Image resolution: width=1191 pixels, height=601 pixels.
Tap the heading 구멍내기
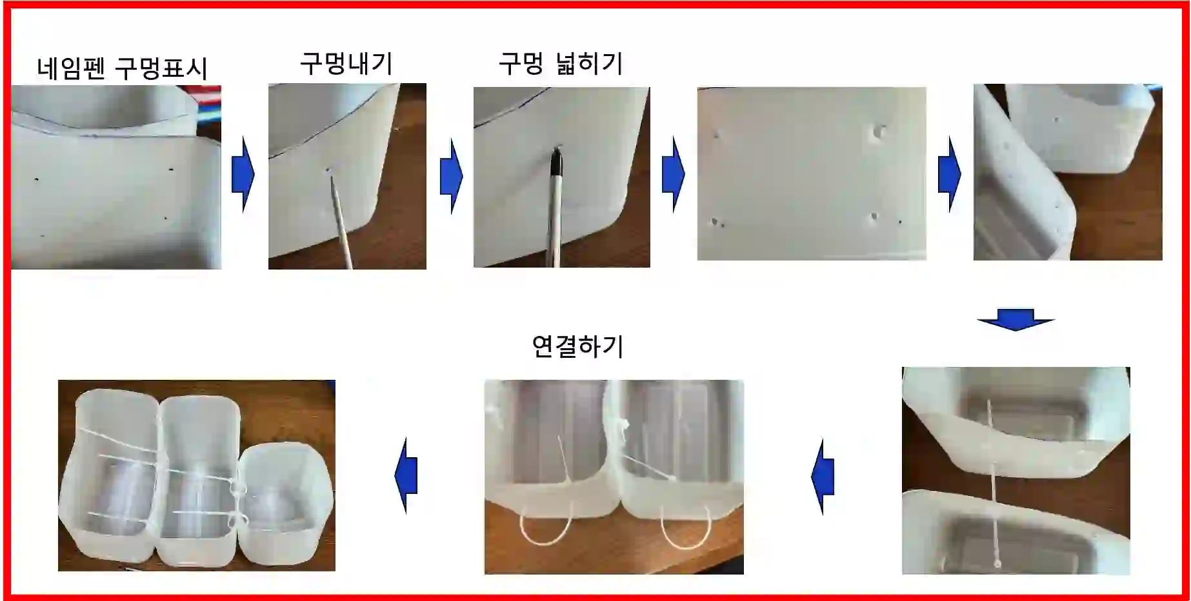pyautogui.click(x=346, y=63)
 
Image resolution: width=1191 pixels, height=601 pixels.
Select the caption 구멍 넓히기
pyautogui.click(x=561, y=63)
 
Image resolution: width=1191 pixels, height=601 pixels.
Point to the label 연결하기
pyautogui.click(x=577, y=346)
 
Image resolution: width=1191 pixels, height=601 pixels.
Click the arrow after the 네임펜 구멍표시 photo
pyautogui.click(x=243, y=174)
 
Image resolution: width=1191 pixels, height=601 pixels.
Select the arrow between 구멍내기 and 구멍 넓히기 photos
pyautogui.click(x=451, y=175)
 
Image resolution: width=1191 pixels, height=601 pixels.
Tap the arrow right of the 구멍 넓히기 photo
pyautogui.click(x=673, y=174)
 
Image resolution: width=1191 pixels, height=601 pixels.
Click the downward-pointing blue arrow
pyautogui.click(x=1016, y=320)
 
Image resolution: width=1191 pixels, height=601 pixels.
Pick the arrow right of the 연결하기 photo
pyautogui.click(x=823, y=477)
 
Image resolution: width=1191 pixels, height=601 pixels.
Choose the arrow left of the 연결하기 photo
pyautogui.click(x=406, y=476)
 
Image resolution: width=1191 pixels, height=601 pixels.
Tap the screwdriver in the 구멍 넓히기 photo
pyautogui.click(x=554, y=206)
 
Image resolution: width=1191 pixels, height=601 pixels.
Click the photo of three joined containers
pyautogui.click(x=197, y=475)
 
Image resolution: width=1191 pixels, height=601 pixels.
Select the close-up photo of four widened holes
pyautogui.click(x=812, y=173)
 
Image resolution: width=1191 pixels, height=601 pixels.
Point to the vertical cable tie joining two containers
pyautogui.click(x=993, y=483)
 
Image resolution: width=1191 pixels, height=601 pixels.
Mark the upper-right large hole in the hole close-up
pyautogui.click(x=877, y=132)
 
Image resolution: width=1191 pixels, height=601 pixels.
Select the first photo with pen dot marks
pyautogui.click(x=116, y=177)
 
